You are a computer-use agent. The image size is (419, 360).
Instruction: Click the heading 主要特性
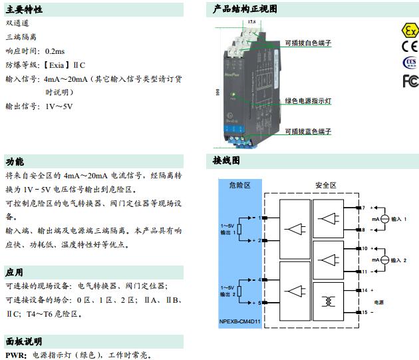point(25,9)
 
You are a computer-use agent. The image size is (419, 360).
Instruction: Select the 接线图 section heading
point(226,160)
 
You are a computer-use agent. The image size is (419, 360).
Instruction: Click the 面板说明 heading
point(25,341)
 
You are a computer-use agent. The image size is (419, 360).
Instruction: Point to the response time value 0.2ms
point(55,51)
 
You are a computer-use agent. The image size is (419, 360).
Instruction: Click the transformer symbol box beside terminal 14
point(329,301)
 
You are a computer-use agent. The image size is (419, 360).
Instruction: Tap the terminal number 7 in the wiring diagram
point(364,208)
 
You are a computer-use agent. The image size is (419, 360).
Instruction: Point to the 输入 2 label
point(398,259)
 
